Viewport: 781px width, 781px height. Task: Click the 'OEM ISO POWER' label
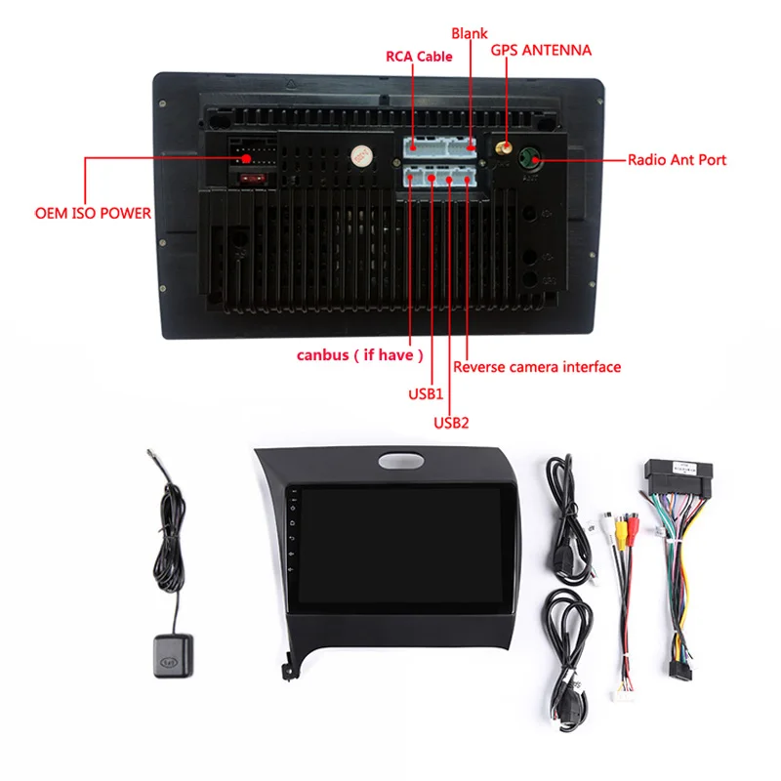tap(94, 212)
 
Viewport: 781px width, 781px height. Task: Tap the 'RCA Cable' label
tap(420, 56)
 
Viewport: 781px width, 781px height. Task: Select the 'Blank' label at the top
tap(469, 32)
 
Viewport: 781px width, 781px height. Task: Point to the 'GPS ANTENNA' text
tap(541, 49)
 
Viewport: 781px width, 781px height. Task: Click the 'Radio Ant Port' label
tap(677, 160)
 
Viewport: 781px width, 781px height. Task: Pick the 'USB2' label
tap(451, 423)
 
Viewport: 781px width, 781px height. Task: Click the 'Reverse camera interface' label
tap(537, 367)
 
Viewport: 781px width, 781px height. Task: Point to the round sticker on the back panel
tap(361, 154)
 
